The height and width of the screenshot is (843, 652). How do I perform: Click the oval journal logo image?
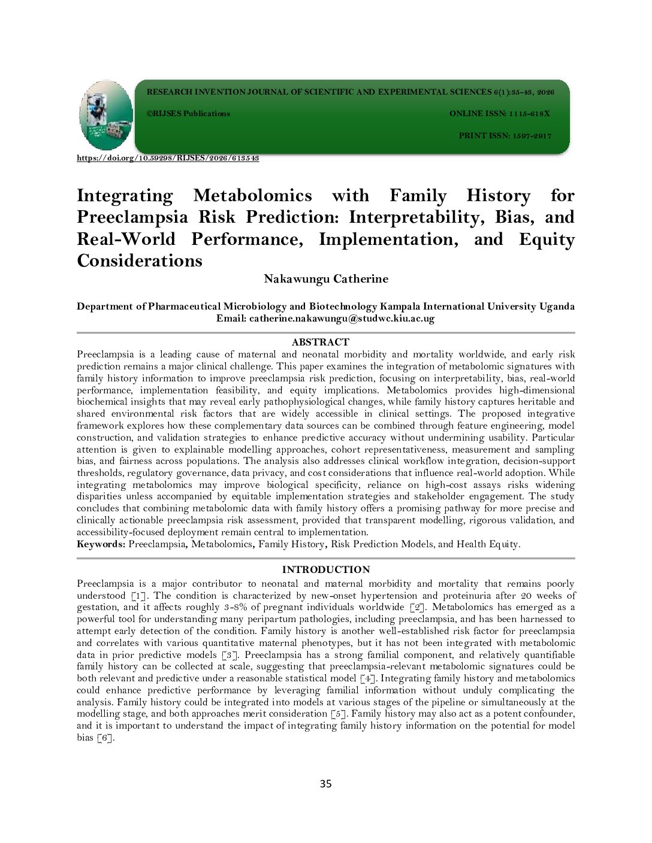point(106,115)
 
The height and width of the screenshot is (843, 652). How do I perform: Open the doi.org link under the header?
point(168,158)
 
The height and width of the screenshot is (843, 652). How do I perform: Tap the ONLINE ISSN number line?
point(499,114)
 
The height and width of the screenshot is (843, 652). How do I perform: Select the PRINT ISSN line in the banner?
point(505,136)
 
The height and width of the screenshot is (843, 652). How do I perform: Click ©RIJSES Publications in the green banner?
point(188,114)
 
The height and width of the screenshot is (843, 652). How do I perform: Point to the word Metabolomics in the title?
point(252,196)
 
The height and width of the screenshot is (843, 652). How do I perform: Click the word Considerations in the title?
point(140,261)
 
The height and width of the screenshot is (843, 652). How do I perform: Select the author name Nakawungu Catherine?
point(326,279)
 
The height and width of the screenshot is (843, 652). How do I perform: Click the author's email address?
point(342,319)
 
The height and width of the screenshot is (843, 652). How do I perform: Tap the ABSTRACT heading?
point(320,342)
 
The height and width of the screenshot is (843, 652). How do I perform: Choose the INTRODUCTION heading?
point(326,569)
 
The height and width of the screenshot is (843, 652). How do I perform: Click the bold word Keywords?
point(101,544)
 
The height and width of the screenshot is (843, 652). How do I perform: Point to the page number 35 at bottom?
point(325,784)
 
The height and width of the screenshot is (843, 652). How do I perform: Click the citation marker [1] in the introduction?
point(137,596)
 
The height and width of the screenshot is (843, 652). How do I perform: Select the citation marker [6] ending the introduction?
point(105,738)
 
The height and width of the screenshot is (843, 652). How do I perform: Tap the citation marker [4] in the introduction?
point(368,678)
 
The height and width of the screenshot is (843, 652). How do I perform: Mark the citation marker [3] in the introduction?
point(229,655)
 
